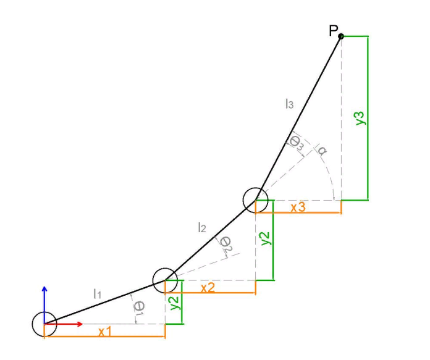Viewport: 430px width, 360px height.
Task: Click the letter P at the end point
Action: [x=334, y=31]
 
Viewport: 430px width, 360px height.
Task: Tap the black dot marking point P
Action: [x=341, y=36]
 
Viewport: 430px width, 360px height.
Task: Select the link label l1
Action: [x=97, y=295]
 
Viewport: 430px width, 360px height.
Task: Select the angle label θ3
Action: [x=297, y=143]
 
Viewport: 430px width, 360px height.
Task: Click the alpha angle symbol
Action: [x=321, y=150]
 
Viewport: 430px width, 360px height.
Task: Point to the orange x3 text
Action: [x=298, y=207]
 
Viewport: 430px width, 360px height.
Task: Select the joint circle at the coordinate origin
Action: [x=44, y=324]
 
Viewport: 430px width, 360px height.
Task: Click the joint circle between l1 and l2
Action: [x=165, y=280]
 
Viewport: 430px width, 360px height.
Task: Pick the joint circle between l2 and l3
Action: [x=255, y=200]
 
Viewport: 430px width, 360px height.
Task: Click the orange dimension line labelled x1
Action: [x=104, y=337]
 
